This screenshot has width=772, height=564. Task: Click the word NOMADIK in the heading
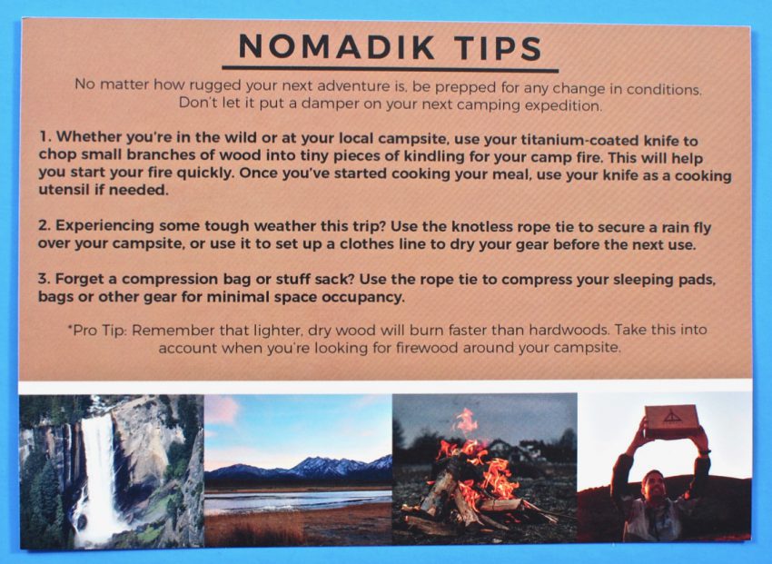pos(336,46)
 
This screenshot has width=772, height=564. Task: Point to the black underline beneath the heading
pos(390,69)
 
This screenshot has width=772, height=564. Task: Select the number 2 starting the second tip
pos(45,225)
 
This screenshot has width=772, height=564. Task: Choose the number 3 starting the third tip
pos(45,279)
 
